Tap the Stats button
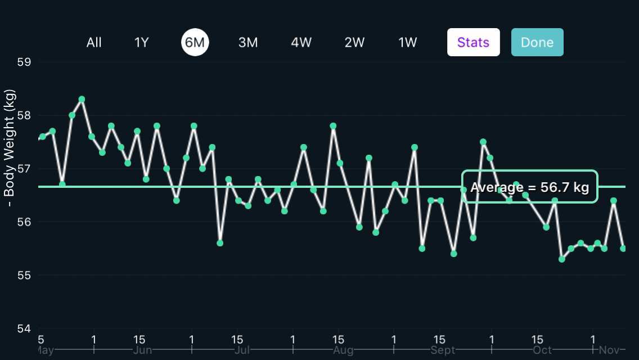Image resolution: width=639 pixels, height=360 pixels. coord(473,42)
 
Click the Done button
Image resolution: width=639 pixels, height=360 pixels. coord(537,42)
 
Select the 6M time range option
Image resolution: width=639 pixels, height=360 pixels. coord(195,42)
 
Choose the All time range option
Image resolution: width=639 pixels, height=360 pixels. coord(94,42)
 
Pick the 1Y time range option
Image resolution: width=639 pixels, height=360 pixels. coord(141,42)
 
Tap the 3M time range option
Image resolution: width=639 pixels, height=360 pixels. coord(247,42)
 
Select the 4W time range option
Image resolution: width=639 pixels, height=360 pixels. coord(301,42)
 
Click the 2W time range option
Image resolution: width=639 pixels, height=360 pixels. coord(354,42)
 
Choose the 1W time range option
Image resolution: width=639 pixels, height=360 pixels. coord(407,42)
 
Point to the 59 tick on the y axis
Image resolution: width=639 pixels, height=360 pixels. coord(24,62)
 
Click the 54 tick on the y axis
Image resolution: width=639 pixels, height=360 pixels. coord(24,328)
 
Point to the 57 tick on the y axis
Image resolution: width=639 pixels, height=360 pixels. coord(24,169)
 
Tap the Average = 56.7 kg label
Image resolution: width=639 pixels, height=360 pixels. coord(529,187)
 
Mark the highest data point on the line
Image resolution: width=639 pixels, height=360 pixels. coord(82,100)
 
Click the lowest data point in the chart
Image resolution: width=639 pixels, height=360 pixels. coord(562,259)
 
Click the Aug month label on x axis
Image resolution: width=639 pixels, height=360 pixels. coord(343,350)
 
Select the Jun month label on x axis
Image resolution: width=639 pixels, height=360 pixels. coord(143,350)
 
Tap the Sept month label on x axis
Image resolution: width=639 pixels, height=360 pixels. coord(442,350)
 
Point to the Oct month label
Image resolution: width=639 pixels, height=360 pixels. coord(542,350)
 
